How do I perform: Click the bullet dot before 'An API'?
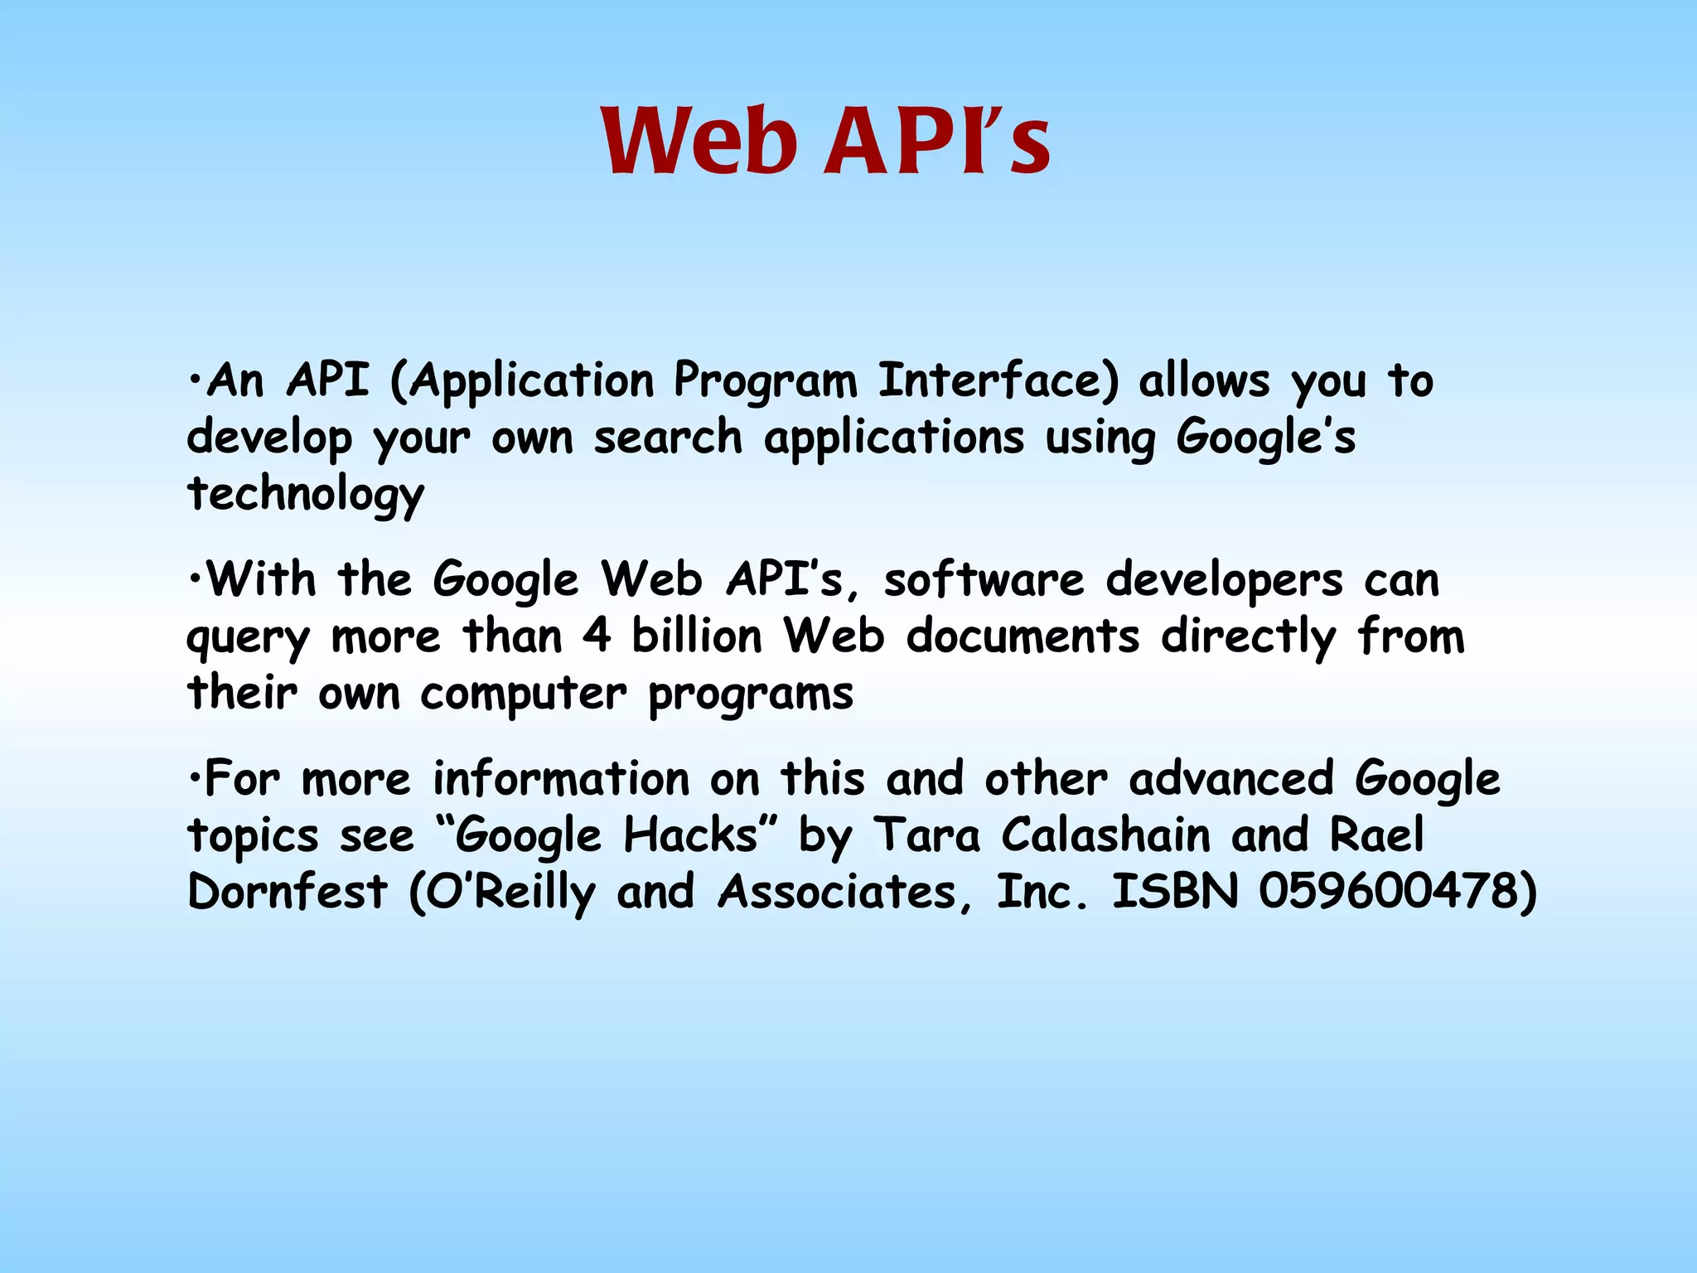coord(194,382)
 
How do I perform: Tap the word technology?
coord(306,495)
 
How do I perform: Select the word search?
coord(668,438)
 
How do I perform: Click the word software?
coord(984,580)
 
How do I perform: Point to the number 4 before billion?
coord(596,636)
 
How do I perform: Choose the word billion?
coord(697,636)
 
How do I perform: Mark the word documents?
coord(1023,636)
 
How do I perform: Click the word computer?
coord(524,695)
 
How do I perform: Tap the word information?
coord(561,779)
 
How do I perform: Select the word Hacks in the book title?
coord(689,835)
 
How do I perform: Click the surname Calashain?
coord(1105,835)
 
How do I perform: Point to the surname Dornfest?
coord(288,892)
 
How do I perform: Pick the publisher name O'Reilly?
coord(502,893)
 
